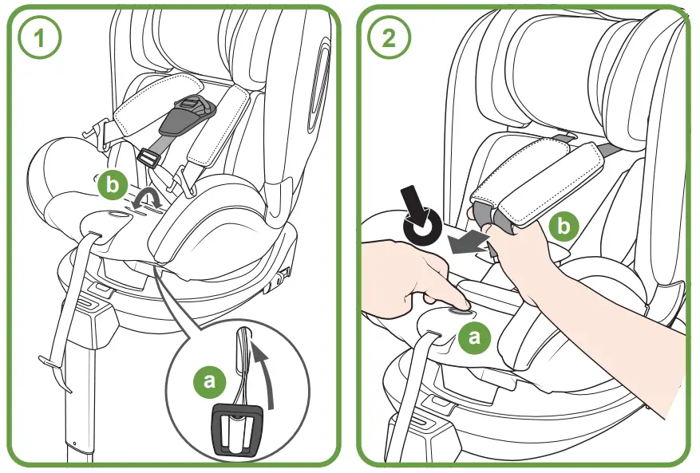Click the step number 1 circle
click(x=39, y=37)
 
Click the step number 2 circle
click(x=390, y=37)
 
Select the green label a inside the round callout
click(x=210, y=380)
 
